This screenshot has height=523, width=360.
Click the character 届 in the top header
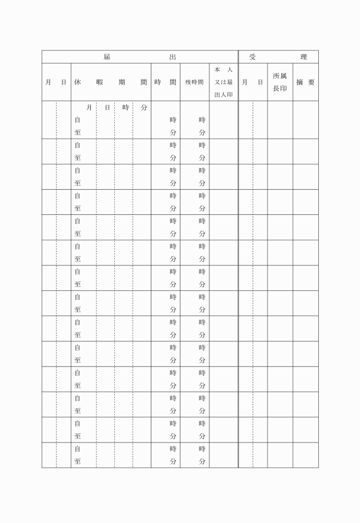pyautogui.click(x=107, y=57)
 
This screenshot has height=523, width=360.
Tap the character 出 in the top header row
pyautogui.click(x=173, y=57)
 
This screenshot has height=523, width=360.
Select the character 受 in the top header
pyautogui.click(x=253, y=57)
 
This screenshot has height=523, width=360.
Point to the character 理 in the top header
pyautogui.click(x=304, y=57)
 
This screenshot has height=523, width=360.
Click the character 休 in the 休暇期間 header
pyautogui.click(x=78, y=82)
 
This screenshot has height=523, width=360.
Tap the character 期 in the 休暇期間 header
pyautogui.click(x=122, y=82)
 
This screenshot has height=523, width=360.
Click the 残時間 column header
pyautogui.click(x=194, y=82)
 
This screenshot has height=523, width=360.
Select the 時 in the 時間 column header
pyautogui.click(x=158, y=82)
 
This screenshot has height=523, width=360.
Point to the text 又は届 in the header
pyautogui.click(x=223, y=82)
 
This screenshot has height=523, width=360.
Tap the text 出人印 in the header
pyautogui.click(x=223, y=95)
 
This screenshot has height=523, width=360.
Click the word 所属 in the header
pyautogui.click(x=280, y=76)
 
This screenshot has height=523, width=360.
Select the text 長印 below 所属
pyautogui.click(x=280, y=89)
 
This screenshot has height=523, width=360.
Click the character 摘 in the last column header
pyautogui.click(x=299, y=82)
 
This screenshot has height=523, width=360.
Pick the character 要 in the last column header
pyautogui.click(x=311, y=82)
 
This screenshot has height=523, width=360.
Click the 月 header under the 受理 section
pyautogui.click(x=245, y=82)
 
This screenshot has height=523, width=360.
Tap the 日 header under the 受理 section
pyautogui.click(x=260, y=82)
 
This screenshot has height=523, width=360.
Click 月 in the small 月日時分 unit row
pyautogui.click(x=89, y=107)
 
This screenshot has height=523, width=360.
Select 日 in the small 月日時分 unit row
pyautogui.click(x=107, y=107)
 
